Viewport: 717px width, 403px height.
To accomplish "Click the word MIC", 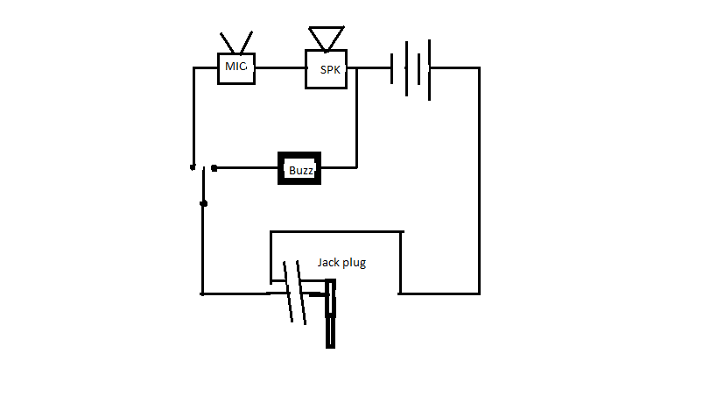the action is (x=236, y=67).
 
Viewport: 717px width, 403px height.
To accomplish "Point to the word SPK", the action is (x=330, y=70).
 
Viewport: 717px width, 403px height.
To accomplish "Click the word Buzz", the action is (x=301, y=171).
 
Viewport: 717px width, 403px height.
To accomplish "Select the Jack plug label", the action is (x=341, y=263).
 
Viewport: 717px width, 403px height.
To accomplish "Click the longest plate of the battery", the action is (x=429, y=70).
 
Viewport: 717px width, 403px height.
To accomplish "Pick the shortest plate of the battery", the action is (x=392, y=68).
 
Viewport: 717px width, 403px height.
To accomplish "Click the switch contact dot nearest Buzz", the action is (x=214, y=168).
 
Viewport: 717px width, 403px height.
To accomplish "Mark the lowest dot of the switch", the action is (x=204, y=203).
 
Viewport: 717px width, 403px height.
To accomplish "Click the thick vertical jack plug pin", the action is (x=330, y=314).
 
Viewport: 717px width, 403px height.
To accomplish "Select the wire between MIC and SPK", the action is (x=280, y=68).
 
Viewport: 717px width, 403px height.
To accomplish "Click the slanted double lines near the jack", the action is (x=294, y=293).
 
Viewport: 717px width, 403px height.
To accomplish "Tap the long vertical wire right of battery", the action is (x=479, y=180).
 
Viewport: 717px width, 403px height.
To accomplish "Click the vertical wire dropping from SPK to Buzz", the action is (x=356, y=118).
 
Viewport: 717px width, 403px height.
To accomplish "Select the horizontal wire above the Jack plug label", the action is (x=337, y=232).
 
